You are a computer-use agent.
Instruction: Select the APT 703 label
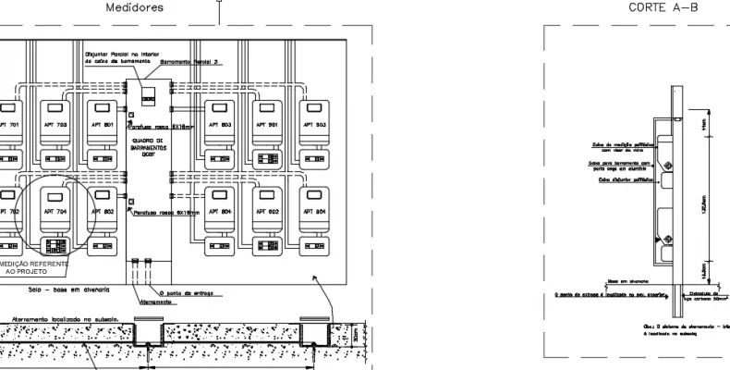56,123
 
